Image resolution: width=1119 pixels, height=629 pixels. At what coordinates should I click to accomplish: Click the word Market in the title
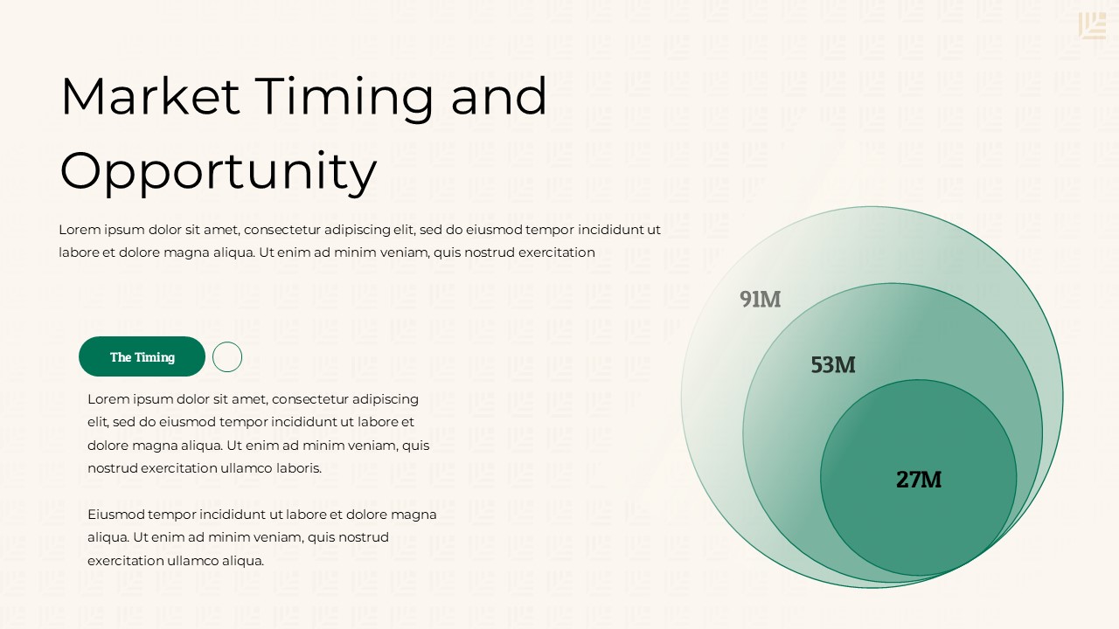click(x=149, y=96)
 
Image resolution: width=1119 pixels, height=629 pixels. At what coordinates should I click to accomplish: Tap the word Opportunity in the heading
click(x=218, y=171)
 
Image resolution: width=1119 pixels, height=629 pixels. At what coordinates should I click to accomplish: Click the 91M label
click(x=760, y=299)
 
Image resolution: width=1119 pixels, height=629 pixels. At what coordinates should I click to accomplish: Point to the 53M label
click(x=832, y=364)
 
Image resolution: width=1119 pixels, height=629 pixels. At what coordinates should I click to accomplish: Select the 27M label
click(x=918, y=479)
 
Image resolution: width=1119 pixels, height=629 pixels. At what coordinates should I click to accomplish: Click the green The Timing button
click(x=142, y=356)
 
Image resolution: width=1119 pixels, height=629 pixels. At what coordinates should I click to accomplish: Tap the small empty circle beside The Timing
click(x=227, y=356)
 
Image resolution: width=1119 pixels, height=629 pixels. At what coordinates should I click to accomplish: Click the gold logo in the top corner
click(x=1092, y=25)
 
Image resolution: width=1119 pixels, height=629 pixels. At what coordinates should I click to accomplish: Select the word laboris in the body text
click(x=296, y=468)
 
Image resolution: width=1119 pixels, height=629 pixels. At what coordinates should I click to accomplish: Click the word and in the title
click(x=498, y=96)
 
